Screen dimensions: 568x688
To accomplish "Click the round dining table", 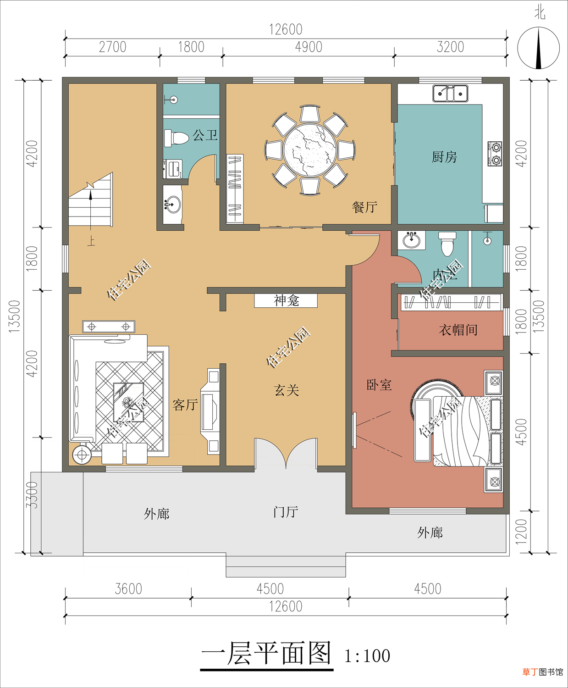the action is click(x=310, y=150).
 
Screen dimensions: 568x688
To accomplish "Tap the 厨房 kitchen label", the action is click(x=444, y=157).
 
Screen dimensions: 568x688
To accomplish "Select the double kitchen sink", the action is click(x=450, y=93).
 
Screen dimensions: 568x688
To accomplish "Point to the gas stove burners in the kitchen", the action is click(x=495, y=154).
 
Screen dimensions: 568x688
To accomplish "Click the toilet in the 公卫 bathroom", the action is click(x=176, y=138).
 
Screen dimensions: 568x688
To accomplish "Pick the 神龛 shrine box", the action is click(x=286, y=300).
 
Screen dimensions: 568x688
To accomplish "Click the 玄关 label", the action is click(x=287, y=390).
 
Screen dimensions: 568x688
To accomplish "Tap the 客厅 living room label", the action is click(x=185, y=405).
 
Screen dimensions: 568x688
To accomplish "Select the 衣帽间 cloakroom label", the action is click(x=458, y=329).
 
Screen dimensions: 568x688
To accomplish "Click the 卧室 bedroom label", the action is click(x=379, y=384).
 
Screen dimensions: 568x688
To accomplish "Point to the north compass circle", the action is click(x=538, y=48).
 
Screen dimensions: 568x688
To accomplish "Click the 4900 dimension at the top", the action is click(x=309, y=47).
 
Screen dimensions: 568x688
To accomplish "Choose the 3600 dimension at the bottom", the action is click(x=128, y=589).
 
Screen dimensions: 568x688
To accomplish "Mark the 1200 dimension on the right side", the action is click(x=521, y=531).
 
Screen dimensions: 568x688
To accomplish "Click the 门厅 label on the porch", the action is click(x=286, y=512).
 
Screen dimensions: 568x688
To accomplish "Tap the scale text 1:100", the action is click(x=367, y=656).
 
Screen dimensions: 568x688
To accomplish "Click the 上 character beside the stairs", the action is click(x=91, y=241).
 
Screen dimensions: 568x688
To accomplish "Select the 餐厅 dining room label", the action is click(x=364, y=207).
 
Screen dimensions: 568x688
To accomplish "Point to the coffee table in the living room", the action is click(x=128, y=402).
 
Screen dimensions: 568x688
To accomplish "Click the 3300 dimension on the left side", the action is click(x=32, y=495).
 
